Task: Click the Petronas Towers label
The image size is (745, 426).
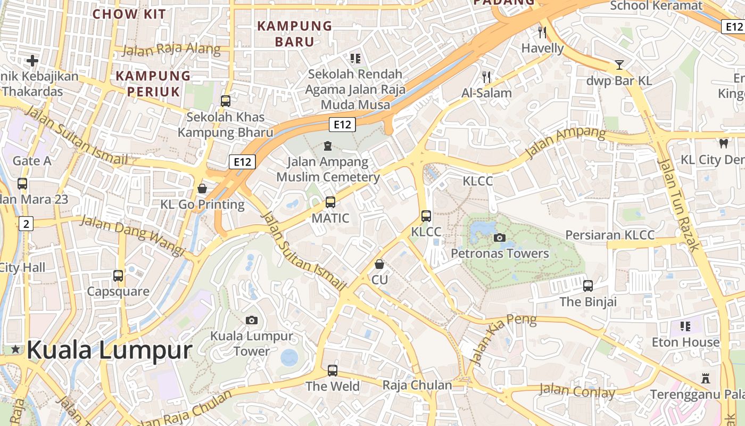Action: (x=500, y=253)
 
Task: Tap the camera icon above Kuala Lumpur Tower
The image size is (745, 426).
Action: (x=252, y=320)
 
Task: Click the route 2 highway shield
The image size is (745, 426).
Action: (x=26, y=224)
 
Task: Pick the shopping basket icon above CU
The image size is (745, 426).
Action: (x=379, y=264)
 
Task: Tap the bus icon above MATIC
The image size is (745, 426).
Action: (x=330, y=202)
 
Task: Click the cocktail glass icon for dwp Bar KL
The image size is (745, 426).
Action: (x=619, y=65)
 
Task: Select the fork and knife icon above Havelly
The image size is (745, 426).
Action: (x=542, y=32)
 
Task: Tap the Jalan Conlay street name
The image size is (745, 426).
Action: (x=577, y=391)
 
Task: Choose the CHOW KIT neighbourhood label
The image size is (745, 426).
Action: (x=129, y=14)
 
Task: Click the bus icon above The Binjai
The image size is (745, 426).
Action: (x=587, y=286)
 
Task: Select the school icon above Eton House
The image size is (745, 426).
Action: (x=685, y=326)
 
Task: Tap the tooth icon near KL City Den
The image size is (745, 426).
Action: (x=723, y=143)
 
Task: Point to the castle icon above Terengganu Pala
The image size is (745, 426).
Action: (x=706, y=379)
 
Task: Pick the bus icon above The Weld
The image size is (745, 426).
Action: (x=333, y=370)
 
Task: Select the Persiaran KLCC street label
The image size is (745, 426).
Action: (x=610, y=235)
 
